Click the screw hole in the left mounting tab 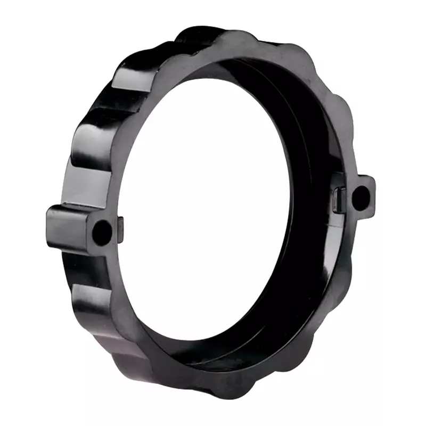coord(102,232)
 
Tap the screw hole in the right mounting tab coord(361,196)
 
